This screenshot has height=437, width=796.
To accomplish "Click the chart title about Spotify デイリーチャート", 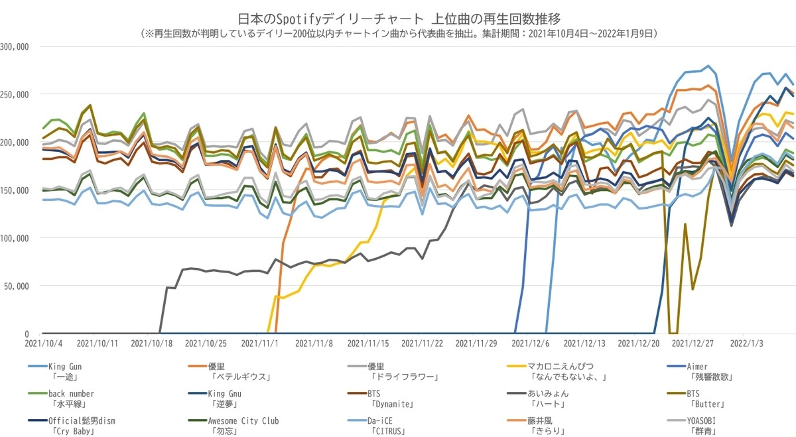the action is [399, 19].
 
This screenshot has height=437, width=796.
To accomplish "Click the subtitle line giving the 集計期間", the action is [399, 34].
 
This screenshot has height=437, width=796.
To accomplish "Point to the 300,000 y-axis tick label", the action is [14, 47].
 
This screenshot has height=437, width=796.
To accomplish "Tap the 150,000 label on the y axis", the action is [14, 190].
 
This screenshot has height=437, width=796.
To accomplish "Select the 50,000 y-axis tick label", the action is [17, 286].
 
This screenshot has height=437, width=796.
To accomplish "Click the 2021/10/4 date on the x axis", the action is [43, 343].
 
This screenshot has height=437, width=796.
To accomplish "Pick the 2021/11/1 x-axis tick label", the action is [260, 343].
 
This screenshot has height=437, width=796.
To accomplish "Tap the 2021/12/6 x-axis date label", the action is [530, 343].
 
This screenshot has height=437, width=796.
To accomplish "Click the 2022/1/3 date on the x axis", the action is [747, 343].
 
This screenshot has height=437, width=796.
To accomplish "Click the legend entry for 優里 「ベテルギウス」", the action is [230, 371].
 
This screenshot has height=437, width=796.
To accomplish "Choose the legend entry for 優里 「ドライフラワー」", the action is [393, 371].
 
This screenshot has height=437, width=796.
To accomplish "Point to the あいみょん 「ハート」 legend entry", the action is [539, 399].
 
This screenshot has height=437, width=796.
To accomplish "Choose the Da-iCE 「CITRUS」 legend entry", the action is [377, 426].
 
